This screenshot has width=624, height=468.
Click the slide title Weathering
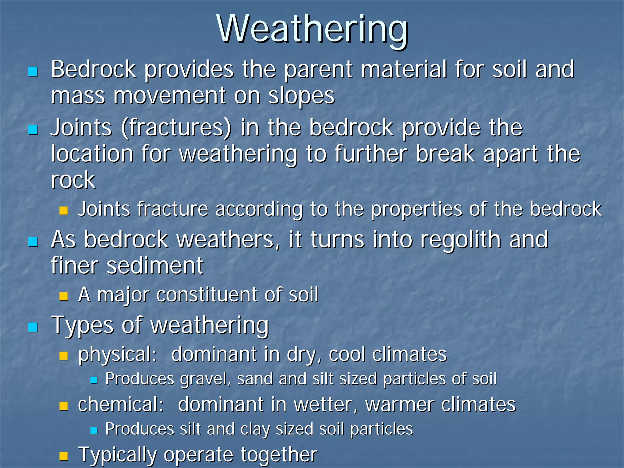point(312,29)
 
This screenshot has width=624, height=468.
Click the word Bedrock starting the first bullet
point(93,69)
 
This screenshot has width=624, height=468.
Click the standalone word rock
point(73,180)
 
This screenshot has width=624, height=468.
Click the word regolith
point(460,239)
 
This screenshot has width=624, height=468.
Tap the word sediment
point(155,266)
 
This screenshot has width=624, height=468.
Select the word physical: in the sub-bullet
point(117,355)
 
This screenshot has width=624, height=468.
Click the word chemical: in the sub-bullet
point(121,405)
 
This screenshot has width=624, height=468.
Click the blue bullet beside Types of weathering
point(33,328)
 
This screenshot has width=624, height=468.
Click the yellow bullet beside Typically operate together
point(63,456)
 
